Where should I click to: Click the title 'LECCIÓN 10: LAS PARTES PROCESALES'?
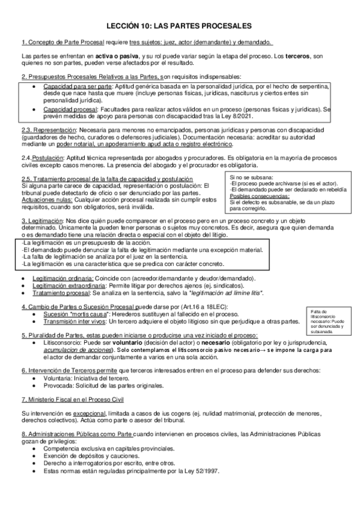click(x=178, y=26)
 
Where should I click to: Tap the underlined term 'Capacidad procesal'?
click(x=69, y=109)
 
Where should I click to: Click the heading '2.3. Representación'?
click(x=40, y=130)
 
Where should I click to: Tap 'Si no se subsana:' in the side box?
click(x=251, y=177)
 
